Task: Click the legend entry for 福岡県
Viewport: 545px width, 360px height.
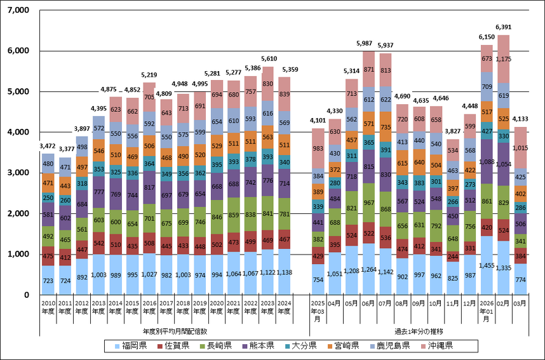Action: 130,346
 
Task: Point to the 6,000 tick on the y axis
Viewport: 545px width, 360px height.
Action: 20,51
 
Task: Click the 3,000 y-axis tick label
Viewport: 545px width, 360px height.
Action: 20,173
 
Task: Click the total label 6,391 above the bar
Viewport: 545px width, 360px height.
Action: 504,27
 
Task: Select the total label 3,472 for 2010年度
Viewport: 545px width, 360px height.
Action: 48,147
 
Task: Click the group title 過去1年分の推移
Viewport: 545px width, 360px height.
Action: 418,331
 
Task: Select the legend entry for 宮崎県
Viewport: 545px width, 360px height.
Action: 345,346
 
